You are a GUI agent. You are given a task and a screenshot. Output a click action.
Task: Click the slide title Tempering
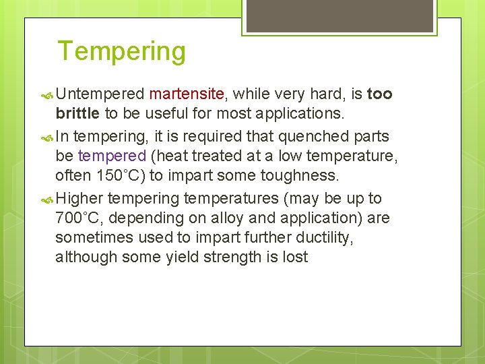click(x=121, y=51)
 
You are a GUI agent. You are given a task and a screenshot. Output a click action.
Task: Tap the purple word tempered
click(x=112, y=156)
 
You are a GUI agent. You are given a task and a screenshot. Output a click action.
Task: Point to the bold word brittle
click(x=77, y=113)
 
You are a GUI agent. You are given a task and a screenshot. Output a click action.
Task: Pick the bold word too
click(x=379, y=94)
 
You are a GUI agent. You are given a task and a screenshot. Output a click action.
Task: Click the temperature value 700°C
click(x=79, y=218)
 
